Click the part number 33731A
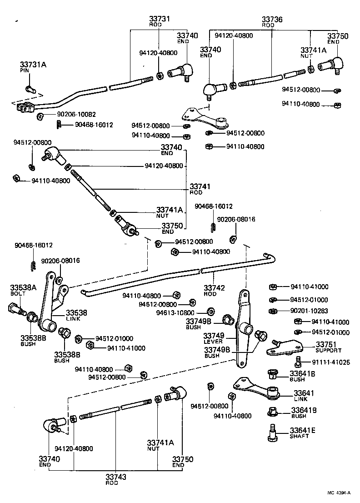tap(33, 65)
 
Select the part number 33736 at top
tap(272, 20)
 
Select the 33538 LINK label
tap(76, 314)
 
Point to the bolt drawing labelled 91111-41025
tap(298, 362)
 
